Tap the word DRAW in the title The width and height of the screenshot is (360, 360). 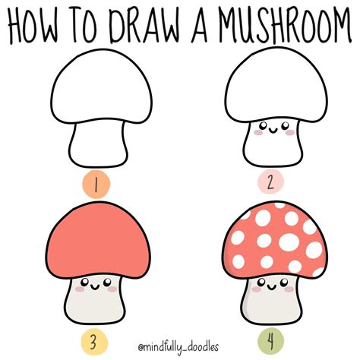[x=145, y=25]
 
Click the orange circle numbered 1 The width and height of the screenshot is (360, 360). [x=96, y=184]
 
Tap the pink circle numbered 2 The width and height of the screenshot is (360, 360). [x=270, y=182]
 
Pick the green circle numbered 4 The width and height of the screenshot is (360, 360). [x=270, y=342]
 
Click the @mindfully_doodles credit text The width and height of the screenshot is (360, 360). [x=178, y=347]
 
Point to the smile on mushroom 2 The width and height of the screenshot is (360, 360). [x=273, y=131]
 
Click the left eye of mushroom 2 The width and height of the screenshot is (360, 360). [x=264, y=125]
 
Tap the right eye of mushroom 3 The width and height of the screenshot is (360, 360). [x=107, y=282]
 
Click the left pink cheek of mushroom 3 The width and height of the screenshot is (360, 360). [x=81, y=289]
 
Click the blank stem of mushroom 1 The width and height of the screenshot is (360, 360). [x=98, y=144]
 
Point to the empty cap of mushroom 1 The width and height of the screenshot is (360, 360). [x=101, y=86]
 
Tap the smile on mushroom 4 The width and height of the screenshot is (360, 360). [x=272, y=287]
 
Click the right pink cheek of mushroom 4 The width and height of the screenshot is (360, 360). [x=289, y=289]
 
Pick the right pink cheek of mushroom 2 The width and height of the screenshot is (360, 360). [x=290, y=132]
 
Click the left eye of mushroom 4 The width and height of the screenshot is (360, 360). [x=262, y=282]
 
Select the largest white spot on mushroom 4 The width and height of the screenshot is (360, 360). [x=289, y=242]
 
